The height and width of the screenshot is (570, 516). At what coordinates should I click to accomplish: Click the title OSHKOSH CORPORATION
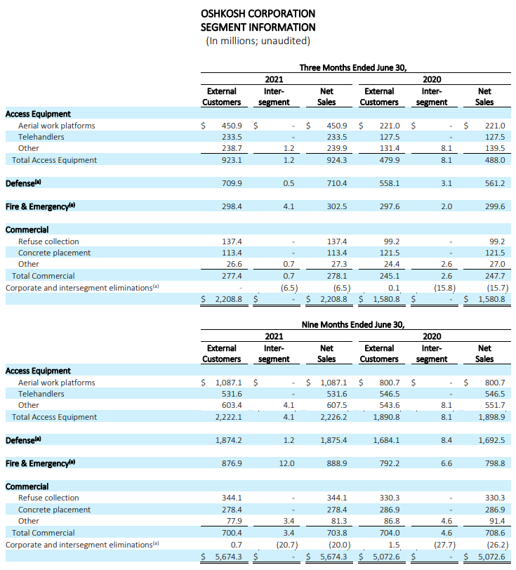click(258, 13)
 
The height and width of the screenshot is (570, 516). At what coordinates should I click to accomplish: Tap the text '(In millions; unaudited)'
click(258, 41)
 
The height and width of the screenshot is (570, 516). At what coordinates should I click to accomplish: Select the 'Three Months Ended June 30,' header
click(352, 67)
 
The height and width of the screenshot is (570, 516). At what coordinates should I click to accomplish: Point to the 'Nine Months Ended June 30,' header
click(352, 324)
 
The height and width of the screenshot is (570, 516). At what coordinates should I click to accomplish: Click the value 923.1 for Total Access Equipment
click(232, 160)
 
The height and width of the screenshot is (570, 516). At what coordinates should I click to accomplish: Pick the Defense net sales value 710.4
click(337, 183)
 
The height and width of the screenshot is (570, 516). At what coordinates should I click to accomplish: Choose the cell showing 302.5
click(337, 206)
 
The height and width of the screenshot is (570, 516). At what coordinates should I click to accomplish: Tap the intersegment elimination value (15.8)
click(444, 288)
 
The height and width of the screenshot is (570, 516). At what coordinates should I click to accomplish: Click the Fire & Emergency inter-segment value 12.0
click(286, 463)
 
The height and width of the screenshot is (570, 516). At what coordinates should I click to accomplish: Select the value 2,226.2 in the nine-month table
click(333, 417)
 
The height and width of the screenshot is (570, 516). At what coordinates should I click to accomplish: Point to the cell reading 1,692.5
click(491, 440)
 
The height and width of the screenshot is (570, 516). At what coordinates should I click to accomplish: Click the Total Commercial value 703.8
click(337, 533)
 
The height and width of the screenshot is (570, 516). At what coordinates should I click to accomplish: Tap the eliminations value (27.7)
click(444, 545)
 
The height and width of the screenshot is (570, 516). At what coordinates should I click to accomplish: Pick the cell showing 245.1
click(390, 276)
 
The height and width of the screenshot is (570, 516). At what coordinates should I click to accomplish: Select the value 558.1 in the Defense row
click(390, 183)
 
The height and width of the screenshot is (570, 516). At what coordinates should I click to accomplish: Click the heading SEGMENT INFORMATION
click(258, 27)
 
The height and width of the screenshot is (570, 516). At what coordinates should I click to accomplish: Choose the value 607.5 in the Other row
click(337, 405)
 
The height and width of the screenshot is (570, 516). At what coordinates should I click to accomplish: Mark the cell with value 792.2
click(390, 463)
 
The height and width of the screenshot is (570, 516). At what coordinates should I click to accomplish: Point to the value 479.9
click(390, 160)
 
